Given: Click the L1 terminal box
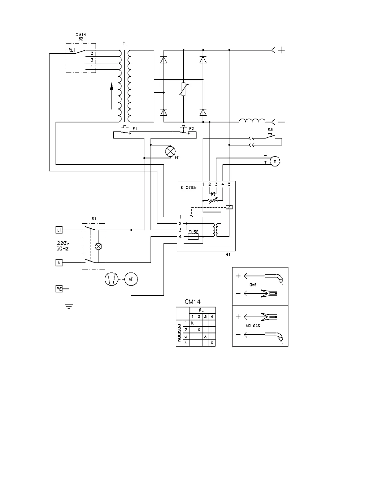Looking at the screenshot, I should [x=59, y=230].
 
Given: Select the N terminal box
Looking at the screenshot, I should [x=59, y=263].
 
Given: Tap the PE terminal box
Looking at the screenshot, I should [x=59, y=289].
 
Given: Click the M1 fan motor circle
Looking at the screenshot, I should [x=131, y=279].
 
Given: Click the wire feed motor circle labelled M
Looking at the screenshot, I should [x=275, y=161].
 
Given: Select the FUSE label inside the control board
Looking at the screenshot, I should [x=193, y=232].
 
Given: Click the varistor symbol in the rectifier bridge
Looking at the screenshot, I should [x=183, y=89].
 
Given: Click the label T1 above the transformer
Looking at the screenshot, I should [x=125, y=44].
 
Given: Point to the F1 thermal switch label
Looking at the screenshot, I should [x=135, y=129].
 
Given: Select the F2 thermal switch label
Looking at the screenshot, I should [x=191, y=129].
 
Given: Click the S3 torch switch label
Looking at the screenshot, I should [x=270, y=129].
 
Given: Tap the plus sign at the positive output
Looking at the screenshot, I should [x=281, y=50].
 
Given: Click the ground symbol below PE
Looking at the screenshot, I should [x=69, y=307].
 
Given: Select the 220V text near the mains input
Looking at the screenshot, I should [x=63, y=243].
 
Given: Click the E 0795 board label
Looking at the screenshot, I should [x=188, y=188].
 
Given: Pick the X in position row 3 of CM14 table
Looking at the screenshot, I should [x=205, y=336].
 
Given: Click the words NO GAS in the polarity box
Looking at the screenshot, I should [x=253, y=326].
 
